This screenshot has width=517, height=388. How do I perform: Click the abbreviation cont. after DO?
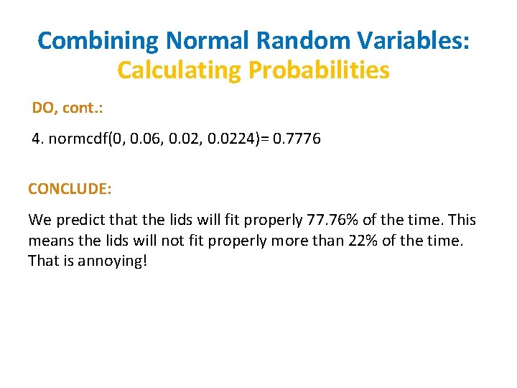pyautogui.click(x=83, y=108)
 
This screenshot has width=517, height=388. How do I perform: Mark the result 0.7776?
pyautogui.click(x=297, y=139)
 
